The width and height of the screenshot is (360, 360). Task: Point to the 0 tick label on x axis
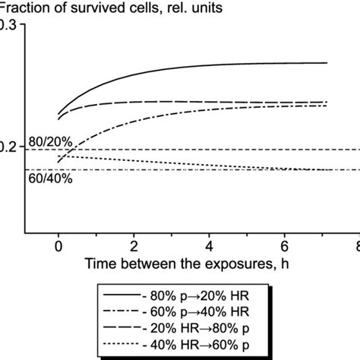click(58, 247)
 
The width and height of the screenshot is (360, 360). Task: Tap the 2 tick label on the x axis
click(134, 247)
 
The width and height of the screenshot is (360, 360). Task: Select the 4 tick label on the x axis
click(210, 247)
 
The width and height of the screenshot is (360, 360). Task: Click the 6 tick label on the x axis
click(286, 247)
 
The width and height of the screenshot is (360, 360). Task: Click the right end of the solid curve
click(327, 63)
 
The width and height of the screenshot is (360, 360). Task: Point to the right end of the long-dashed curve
click(327, 102)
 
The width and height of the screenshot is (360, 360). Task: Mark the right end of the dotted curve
click(327, 170)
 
